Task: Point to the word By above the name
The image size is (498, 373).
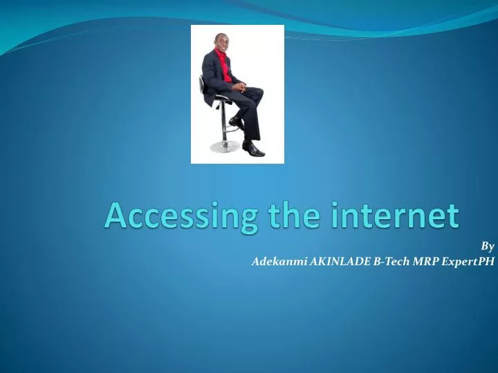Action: point(488,246)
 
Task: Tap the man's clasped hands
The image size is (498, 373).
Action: point(238,88)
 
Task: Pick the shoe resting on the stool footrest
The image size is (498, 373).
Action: point(235,122)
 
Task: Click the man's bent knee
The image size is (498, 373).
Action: point(257,93)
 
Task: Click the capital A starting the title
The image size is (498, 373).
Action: point(115,216)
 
